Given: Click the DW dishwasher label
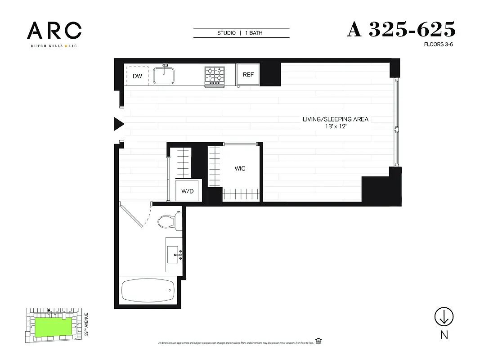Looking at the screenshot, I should tap(137, 76).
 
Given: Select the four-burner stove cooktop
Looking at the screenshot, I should tap(215, 76).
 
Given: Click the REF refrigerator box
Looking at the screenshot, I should tap(248, 75).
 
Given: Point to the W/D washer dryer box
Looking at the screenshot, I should tap(188, 191).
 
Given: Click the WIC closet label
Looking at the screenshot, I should tap(240, 168).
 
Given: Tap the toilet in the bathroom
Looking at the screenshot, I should tap(169, 221).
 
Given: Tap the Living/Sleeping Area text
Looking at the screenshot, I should tap(336, 119).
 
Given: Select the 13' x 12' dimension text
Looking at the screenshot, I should tap(335, 127).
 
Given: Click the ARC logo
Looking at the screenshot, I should tap(54, 31).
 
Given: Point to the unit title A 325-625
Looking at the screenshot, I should tap(401, 30).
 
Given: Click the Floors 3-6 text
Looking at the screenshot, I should tap(438, 45).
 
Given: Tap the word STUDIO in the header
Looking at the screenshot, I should tap(226, 33).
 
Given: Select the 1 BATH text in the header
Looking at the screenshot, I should tap(254, 33).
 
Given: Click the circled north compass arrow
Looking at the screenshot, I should tap(444, 317).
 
